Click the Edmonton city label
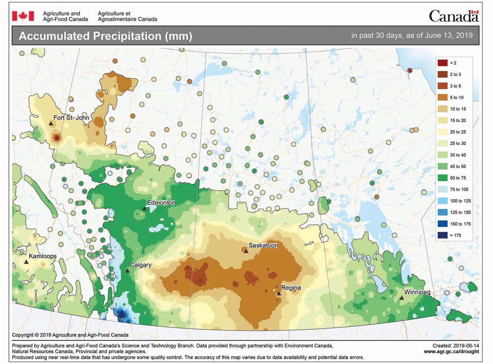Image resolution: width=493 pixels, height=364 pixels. click(161, 202)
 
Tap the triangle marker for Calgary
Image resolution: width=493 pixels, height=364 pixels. click(127, 270)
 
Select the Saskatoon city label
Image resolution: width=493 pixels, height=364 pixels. click(263, 245)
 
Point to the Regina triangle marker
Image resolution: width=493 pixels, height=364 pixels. click(279, 294)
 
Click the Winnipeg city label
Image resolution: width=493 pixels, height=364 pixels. click(417, 292)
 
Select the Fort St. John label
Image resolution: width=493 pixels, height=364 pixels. click(71, 117)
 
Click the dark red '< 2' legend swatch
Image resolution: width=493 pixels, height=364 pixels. click(442, 63)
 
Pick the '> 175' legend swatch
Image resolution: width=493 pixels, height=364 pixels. click(442, 235)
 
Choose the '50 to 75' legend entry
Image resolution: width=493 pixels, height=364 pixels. click(454, 178)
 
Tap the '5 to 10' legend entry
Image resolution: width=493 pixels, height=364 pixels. click(454, 98)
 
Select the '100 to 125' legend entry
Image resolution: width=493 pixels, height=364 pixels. click(454, 201)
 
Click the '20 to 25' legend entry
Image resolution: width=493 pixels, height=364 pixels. click(454, 132)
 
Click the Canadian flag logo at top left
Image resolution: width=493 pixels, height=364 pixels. click(23, 16)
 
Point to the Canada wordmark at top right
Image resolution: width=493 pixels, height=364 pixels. click(453, 16)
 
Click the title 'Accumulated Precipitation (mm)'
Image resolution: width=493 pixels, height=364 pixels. click(105, 36)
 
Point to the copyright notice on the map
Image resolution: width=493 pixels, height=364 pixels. click(70, 334)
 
